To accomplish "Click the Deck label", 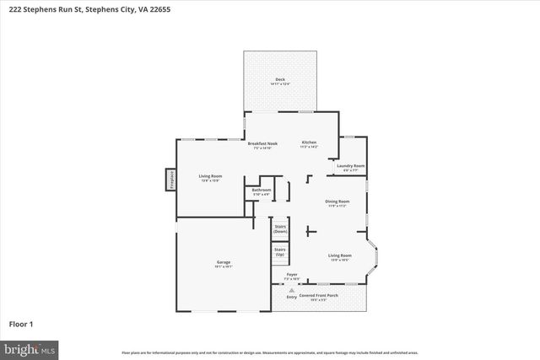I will pyautogui.click(x=279, y=80).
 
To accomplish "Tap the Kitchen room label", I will pyautogui.click(x=309, y=143).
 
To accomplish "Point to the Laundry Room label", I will pyautogui.click(x=351, y=166).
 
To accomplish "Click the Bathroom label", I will pyautogui.click(x=261, y=191).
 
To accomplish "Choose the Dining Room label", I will pyautogui.click(x=338, y=202).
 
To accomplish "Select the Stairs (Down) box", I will pyautogui.click(x=280, y=228).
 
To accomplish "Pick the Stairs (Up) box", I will pyautogui.click(x=280, y=251).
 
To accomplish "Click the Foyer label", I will pyautogui.click(x=292, y=275).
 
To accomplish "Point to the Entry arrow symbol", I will pyautogui.click(x=292, y=290).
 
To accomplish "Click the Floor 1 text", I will pyautogui.click(x=22, y=323).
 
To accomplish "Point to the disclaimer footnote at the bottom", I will pyautogui.click(x=269, y=352).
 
